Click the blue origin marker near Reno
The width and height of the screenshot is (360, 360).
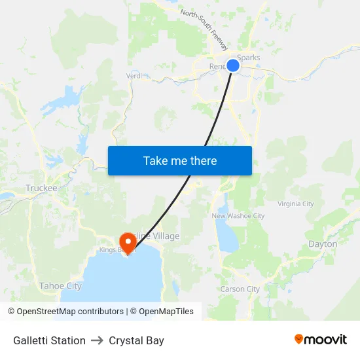[233, 65]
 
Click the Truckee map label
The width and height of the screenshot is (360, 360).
[41, 189]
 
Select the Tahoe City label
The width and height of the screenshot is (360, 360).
[60, 286]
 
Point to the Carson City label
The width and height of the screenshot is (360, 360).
[240, 289]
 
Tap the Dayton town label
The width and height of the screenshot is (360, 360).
[323, 244]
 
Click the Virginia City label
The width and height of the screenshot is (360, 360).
[296, 204]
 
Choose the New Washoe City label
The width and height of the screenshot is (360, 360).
[238, 216]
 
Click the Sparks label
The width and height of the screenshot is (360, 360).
[249, 58]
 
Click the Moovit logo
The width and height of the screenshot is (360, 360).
[320, 339]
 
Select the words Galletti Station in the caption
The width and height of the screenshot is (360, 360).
[49, 340]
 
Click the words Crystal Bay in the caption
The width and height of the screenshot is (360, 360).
[136, 340]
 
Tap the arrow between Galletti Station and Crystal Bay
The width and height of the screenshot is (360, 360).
[97, 340]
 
